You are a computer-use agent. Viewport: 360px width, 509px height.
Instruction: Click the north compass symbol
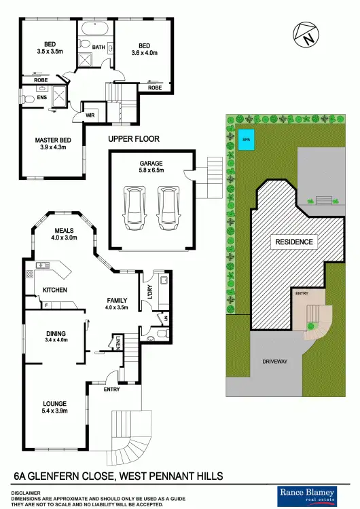pyautogui.click(x=305, y=35)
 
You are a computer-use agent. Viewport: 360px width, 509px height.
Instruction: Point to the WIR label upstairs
pyautogui.click(x=90, y=115)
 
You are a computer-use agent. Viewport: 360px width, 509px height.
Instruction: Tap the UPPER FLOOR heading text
pyautogui.click(x=134, y=139)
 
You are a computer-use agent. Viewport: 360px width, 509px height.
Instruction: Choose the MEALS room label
pyautogui.click(x=65, y=231)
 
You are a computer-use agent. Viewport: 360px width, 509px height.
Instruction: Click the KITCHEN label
pyautogui.click(x=54, y=290)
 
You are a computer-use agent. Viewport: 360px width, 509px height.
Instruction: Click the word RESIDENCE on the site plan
pyautogui.click(x=293, y=242)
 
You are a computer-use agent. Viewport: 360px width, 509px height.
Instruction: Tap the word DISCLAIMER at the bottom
pyautogui.click(x=24, y=493)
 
